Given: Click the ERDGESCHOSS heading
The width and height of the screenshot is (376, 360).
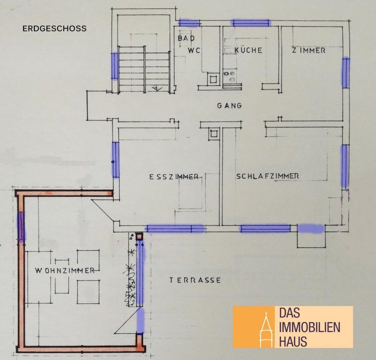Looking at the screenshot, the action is pyautogui.click(x=54, y=29).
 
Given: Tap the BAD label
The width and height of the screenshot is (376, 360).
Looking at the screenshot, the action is pyautogui.click(x=186, y=38).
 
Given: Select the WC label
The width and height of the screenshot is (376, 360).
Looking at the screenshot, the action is pyautogui.click(x=194, y=51).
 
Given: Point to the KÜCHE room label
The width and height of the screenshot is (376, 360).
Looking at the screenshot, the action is pyautogui.click(x=248, y=50).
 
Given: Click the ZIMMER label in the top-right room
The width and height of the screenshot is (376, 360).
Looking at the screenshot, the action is pyautogui.click(x=308, y=50).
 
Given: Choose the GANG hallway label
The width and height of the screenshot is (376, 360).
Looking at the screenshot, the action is pyautogui.click(x=229, y=105).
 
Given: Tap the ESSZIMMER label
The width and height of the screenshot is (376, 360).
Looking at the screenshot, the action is pyautogui.click(x=174, y=177).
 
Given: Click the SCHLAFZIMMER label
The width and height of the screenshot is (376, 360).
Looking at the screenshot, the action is pyautogui.click(x=268, y=176).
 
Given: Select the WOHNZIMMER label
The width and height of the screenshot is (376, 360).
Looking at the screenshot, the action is pyautogui.click(x=65, y=270).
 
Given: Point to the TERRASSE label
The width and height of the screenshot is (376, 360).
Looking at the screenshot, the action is pyautogui.click(x=195, y=280).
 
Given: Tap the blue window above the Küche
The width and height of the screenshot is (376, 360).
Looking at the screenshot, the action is pyautogui.click(x=251, y=23).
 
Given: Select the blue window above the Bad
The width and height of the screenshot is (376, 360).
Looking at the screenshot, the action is pyautogui.click(x=189, y=23).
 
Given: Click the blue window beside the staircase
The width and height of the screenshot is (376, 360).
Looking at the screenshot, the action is pyautogui.click(x=114, y=66).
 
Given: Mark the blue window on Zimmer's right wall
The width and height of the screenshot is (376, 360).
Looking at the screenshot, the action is pyautogui.click(x=346, y=73).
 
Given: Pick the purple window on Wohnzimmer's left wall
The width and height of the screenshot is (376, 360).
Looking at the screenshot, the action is pyautogui.click(x=22, y=226).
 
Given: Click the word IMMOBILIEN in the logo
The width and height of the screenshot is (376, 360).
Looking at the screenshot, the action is pyautogui.click(x=309, y=327).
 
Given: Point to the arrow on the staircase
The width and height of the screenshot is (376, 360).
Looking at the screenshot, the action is pyautogui.click(x=157, y=89).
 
